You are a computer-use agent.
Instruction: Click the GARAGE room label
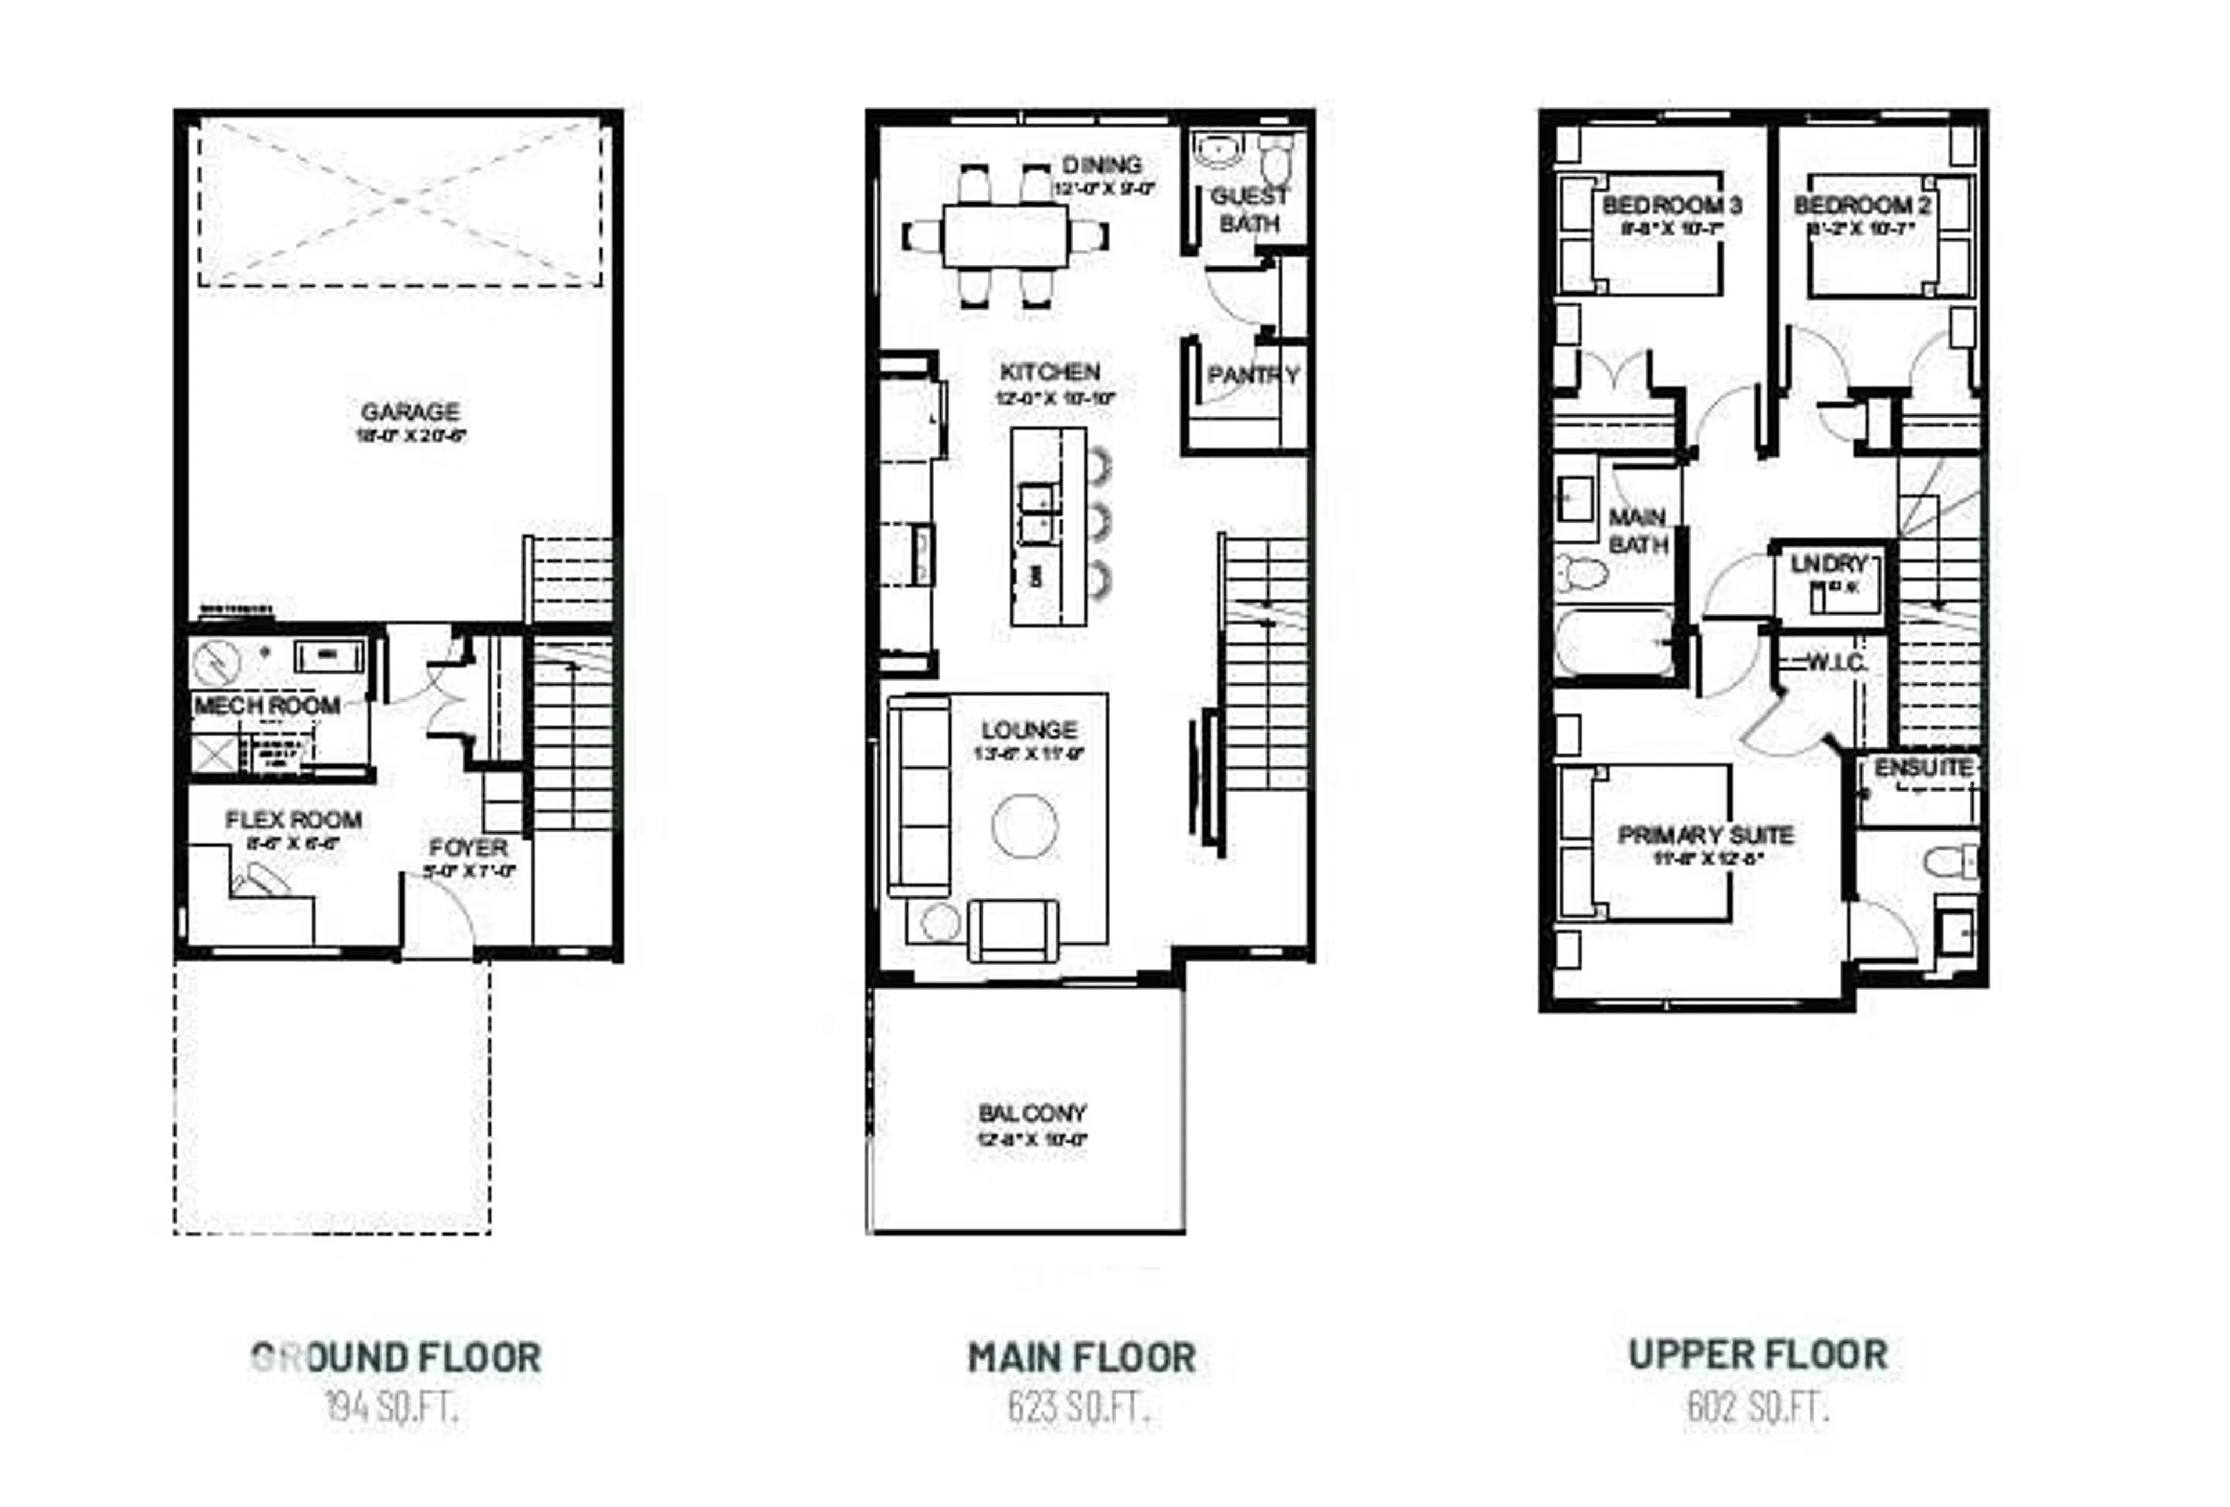pos(410,412)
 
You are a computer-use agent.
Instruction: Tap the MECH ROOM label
pos(267,706)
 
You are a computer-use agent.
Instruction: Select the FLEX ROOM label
pos(294,820)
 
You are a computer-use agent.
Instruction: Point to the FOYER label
pos(468,848)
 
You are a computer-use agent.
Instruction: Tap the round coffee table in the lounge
pos(1025,826)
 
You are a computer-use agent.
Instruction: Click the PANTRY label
pos(1252,375)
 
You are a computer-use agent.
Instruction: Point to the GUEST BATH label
pos(1249,209)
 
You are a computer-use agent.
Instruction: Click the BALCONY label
pos(1031,1114)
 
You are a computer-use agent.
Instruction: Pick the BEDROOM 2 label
pos(1862,205)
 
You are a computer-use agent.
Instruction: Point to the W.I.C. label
pos(1836,663)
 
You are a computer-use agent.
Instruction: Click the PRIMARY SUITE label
pos(1705,835)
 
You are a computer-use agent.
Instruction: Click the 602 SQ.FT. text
pos(1758,1407)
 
